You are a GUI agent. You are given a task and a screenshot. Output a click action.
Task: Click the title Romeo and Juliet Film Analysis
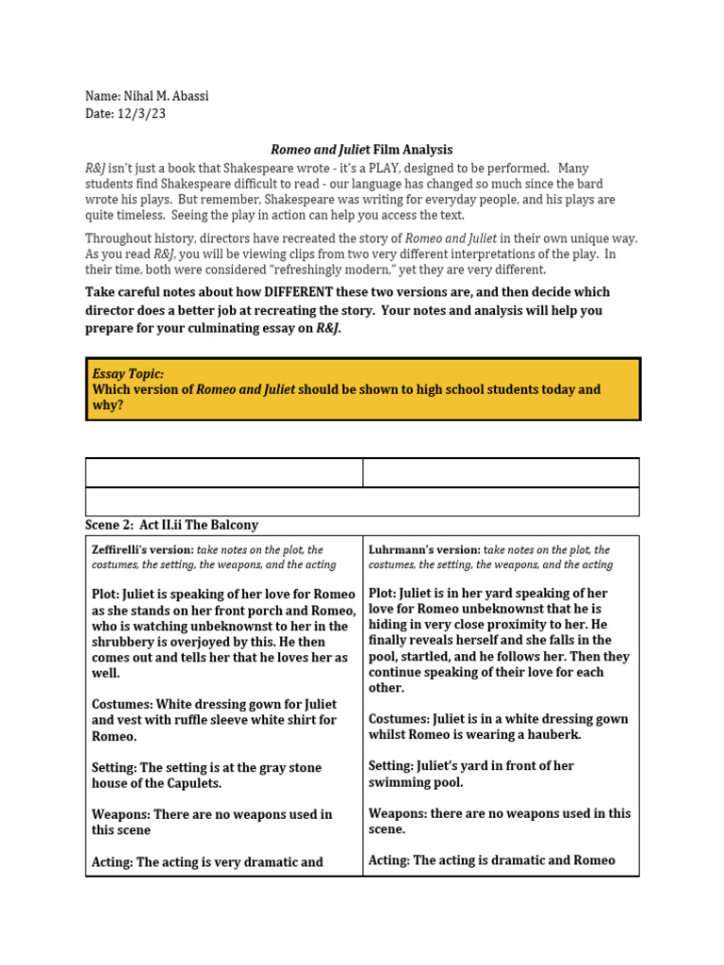(x=362, y=150)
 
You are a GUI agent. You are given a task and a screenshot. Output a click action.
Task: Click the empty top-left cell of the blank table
(x=223, y=472)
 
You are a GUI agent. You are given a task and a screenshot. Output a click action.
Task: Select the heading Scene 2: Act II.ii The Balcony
(x=172, y=525)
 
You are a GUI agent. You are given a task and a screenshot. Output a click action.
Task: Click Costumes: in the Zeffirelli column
(x=122, y=704)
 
